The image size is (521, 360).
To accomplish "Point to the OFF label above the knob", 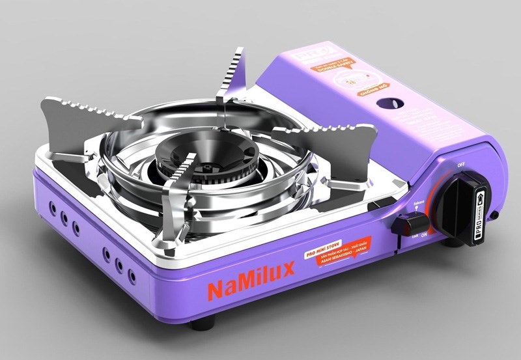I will (x=461, y=165).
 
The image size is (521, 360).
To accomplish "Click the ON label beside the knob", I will (x=424, y=233).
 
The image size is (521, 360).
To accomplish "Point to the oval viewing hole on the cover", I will (x=392, y=104).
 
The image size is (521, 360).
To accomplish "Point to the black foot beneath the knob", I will (x=452, y=242).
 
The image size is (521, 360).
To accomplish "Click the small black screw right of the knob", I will (x=496, y=214).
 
